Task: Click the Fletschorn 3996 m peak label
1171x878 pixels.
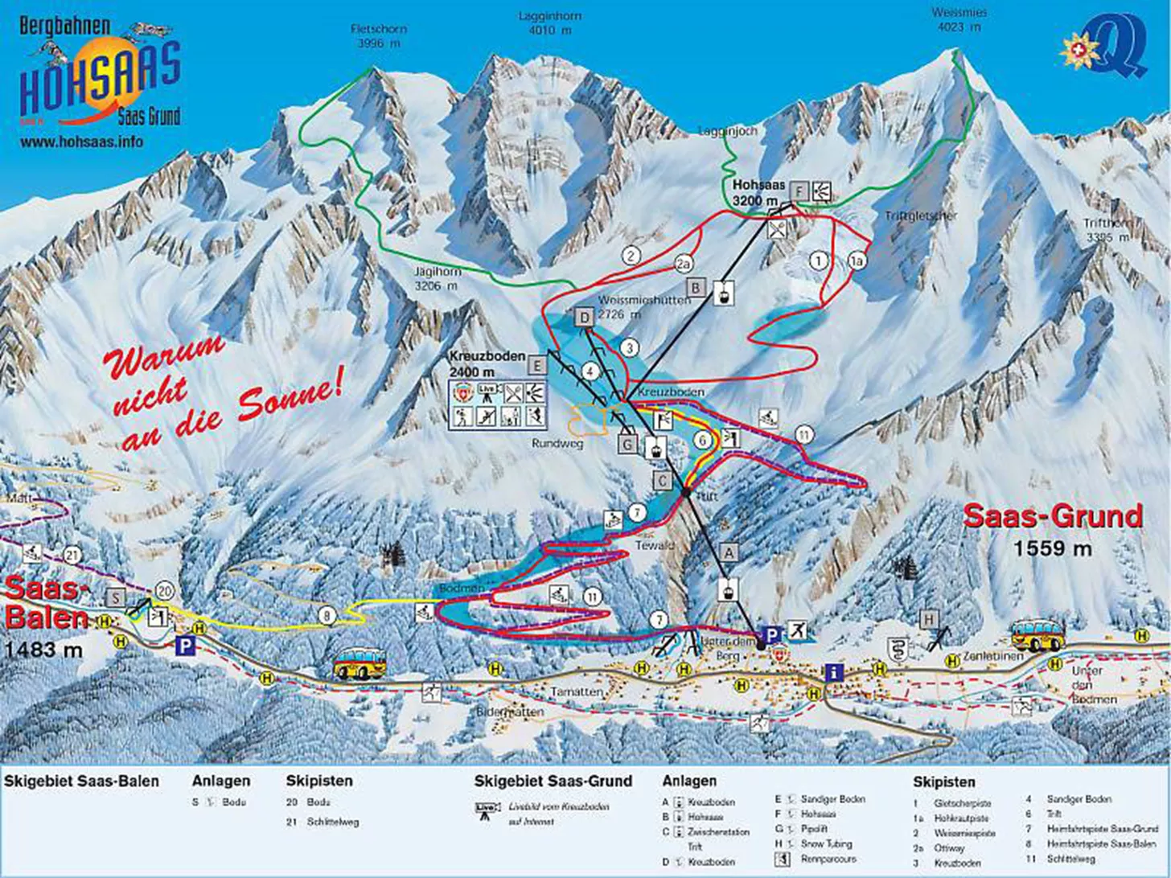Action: click(379, 36)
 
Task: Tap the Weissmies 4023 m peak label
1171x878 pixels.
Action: click(959, 19)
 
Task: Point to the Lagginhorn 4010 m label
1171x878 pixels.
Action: click(550, 23)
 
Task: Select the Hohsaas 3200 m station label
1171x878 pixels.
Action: click(758, 192)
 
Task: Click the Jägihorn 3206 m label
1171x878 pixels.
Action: click(437, 279)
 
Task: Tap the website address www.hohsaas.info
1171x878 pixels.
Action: click(82, 142)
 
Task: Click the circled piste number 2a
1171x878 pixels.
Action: click(683, 264)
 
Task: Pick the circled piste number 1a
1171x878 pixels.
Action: click(857, 261)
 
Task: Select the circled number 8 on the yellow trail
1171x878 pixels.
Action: click(327, 616)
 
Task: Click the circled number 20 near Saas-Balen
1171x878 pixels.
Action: click(166, 591)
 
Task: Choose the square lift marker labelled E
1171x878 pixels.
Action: click(536, 365)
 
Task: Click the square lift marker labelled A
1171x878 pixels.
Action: click(729, 552)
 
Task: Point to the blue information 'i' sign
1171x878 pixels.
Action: click(834, 671)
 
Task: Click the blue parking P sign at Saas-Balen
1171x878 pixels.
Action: click(185, 645)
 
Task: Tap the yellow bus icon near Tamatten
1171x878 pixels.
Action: click(360, 663)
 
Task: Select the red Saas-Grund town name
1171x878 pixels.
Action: click(1053, 516)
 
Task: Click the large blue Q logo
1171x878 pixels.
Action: click(1118, 48)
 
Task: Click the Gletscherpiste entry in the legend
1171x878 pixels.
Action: click(963, 803)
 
